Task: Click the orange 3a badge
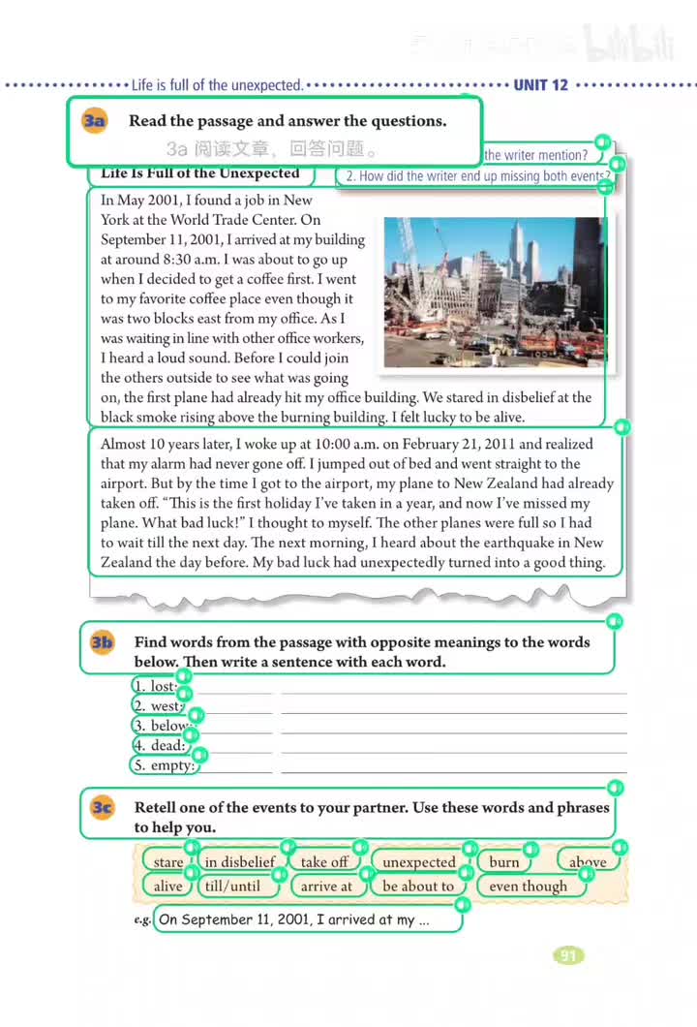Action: [94, 121]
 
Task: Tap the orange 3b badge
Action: [103, 642]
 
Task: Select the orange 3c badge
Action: [103, 807]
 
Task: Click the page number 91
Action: [568, 955]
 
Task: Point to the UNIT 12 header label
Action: [540, 85]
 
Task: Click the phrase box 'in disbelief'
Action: [240, 861]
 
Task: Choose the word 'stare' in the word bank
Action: [167, 861]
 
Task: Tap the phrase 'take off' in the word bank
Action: [324, 861]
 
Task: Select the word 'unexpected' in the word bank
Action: [418, 861]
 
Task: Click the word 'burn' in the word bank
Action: [504, 861]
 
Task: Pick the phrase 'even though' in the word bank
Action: [529, 886]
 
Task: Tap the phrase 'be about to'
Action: [418, 886]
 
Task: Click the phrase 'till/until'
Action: [232, 886]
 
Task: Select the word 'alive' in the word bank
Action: [167, 886]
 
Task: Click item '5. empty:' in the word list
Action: [164, 765]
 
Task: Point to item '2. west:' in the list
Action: [158, 706]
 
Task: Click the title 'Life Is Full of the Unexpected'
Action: [200, 173]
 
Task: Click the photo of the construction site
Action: [493, 292]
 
